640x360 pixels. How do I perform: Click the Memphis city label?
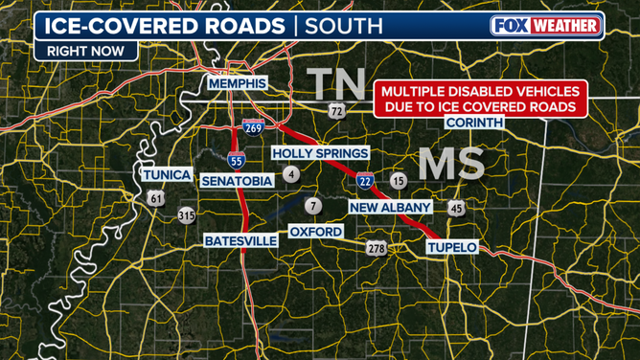(237, 84)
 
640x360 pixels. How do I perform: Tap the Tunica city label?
(168, 174)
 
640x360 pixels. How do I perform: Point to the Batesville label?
(240, 241)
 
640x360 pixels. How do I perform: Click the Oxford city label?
(315, 232)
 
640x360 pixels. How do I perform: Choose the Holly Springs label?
(320, 153)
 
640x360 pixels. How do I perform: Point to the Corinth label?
(476, 124)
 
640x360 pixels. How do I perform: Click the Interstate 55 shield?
(236, 159)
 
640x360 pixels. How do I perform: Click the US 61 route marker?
(156, 198)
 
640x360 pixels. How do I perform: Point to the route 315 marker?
(187, 216)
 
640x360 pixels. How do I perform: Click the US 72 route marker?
(335, 112)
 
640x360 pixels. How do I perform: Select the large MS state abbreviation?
(450, 164)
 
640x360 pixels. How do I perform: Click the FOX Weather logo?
(547, 26)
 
